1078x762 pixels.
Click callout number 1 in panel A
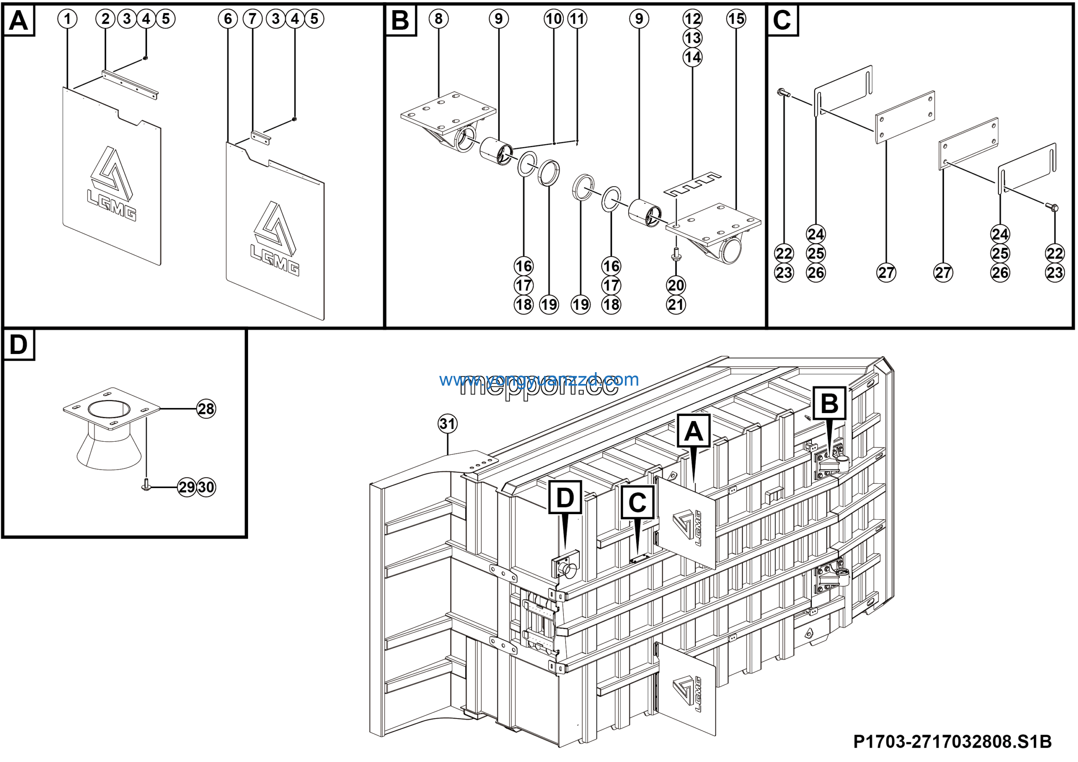(x=68, y=19)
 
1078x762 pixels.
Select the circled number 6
(x=228, y=19)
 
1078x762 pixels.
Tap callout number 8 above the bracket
(x=438, y=19)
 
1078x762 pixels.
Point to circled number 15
(x=736, y=19)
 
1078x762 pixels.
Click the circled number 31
(x=448, y=424)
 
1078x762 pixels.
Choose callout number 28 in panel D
(x=206, y=409)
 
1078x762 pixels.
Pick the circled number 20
(x=675, y=285)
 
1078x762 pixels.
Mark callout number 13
(x=693, y=38)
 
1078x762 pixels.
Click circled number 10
(x=554, y=19)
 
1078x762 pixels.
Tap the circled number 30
(x=206, y=487)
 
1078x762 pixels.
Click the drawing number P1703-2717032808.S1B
(x=952, y=741)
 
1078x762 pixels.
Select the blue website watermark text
(x=539, y=379)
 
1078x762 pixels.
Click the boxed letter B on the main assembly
(x=829, y=403)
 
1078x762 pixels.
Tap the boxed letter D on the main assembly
(x=565, y=497)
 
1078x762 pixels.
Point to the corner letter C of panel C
(x=782, y=20)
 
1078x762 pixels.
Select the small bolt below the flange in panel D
(x=146, y=485)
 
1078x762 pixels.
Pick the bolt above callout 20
(x=675, y=254)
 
